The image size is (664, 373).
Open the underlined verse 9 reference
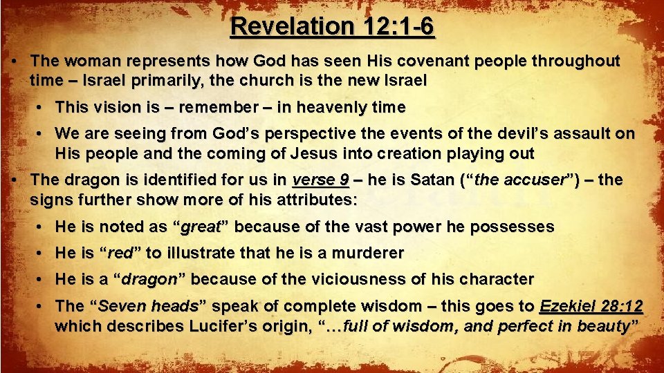point(321,181)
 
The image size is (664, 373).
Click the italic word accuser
point(534,181)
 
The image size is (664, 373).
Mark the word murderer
point(368,253)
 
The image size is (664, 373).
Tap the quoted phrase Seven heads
point(149,306)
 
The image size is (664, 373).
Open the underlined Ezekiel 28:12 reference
point(591,306)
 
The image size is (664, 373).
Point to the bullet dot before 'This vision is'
point(42,108)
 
